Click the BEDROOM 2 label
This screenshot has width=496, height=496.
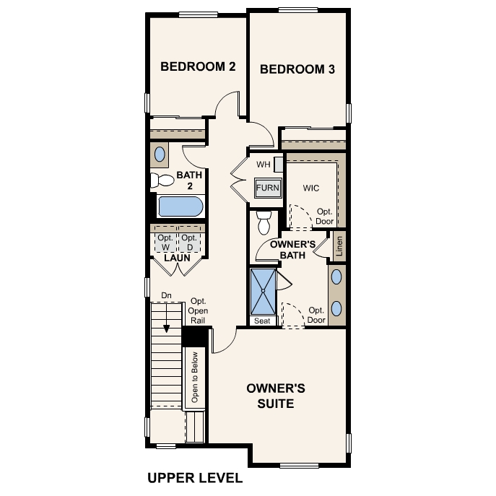[198, 67]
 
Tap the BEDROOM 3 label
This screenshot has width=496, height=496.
[297, 70]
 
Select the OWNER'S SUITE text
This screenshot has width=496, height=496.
[276, 396]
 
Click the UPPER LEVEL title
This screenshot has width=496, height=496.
[195, 478]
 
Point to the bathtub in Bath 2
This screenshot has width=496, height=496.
[180, 207]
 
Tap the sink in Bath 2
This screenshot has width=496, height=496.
[160, 154]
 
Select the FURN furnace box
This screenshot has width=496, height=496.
[266, 188]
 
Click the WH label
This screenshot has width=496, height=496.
[264, 165]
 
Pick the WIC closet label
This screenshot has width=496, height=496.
[311, 188]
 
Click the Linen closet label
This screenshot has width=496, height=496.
[339, 246]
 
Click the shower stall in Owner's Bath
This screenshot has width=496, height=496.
[263, 291]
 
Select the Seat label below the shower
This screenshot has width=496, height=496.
[263, 321]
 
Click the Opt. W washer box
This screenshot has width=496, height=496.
[165, 243]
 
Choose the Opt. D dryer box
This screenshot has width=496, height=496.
[188, 243]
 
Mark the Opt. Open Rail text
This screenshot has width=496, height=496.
[198, 310]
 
